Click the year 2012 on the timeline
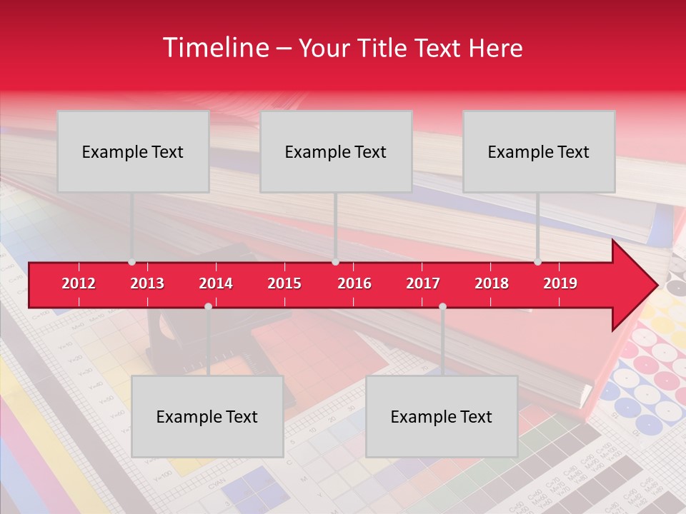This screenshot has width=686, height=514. pos(79,283)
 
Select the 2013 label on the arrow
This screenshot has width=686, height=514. pos(147,283)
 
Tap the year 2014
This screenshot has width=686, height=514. pos(216,283)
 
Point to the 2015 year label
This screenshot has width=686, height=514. pos(284,283)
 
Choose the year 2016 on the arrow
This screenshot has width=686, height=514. pos(354,283)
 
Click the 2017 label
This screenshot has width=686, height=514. pos(423,283)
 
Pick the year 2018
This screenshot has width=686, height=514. pos(492,283)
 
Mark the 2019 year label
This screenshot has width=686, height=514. pos(560,283)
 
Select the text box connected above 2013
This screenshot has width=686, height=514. pos(133,151)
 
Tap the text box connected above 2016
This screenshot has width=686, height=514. pos(336,151)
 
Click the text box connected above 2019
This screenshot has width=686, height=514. pos(539,151)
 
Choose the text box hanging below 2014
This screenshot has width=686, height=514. pos(207,416)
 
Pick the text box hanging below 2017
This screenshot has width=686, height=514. pos(442,416)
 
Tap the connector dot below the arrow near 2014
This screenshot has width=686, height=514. pos(208,306)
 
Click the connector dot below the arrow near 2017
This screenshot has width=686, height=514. pos(442,306)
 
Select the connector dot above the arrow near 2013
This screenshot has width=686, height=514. pos(131,262)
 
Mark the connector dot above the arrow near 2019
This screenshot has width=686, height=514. pos(537,262)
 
